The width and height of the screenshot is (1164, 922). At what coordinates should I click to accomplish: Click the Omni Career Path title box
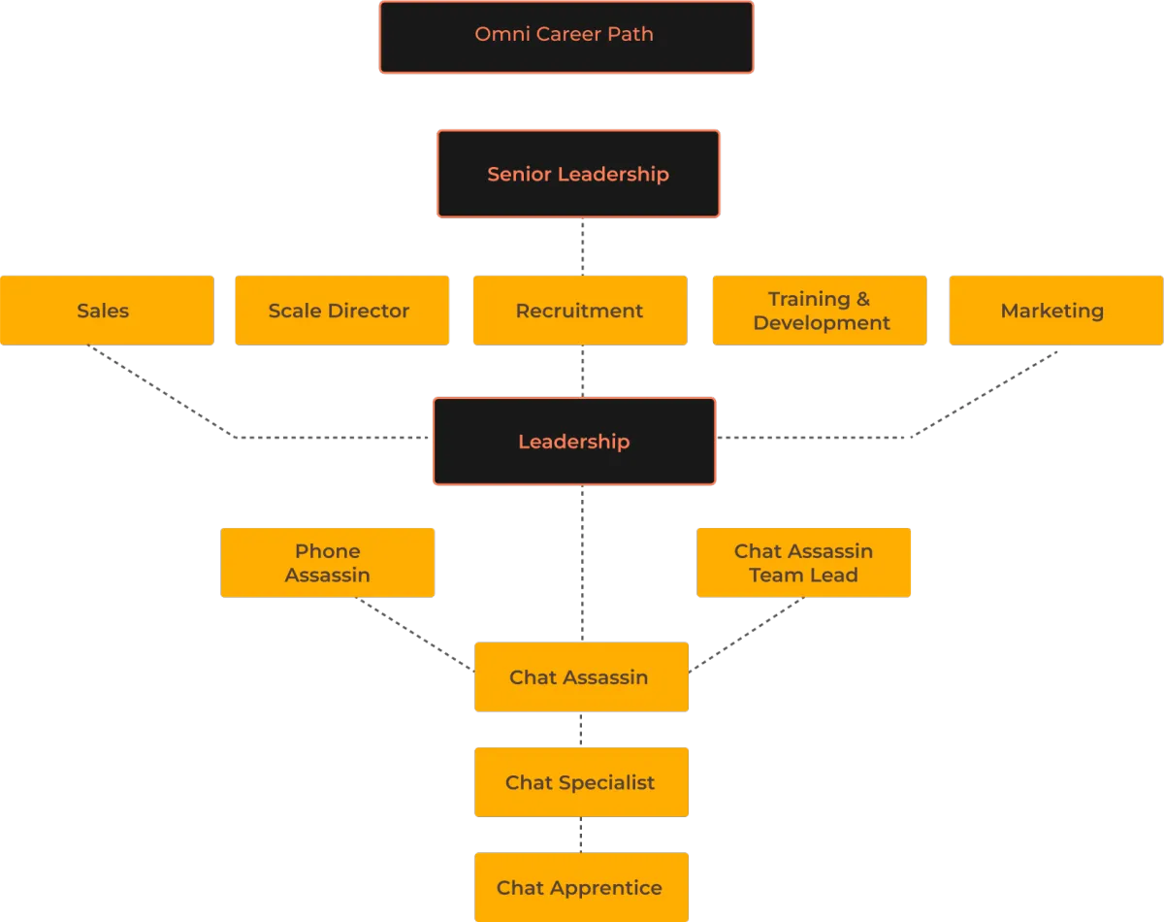(565, 37)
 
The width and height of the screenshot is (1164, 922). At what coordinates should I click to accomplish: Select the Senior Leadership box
(578, 175)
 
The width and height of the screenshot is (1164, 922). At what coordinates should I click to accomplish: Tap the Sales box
(107, 311)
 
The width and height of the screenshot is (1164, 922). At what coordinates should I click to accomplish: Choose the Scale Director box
(341, 311)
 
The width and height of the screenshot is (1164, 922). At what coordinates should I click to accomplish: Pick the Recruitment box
(580, 311)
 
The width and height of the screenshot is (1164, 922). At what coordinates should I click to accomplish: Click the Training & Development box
(820, 311)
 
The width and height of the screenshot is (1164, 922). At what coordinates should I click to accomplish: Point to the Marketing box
(1055, 311)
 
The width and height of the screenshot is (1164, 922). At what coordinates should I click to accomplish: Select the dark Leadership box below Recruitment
(574, 442)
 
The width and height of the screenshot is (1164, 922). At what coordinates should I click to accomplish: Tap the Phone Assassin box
(327, 563)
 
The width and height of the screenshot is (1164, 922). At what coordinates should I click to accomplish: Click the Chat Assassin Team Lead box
(803, 563)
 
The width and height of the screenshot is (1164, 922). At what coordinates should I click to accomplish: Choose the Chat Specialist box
(581, 782)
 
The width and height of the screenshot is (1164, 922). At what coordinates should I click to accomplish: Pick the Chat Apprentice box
(581, 887)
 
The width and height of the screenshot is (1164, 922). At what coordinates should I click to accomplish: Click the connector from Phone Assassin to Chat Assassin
(412, 634)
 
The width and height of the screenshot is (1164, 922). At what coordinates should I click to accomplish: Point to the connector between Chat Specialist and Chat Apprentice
(580, 834)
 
